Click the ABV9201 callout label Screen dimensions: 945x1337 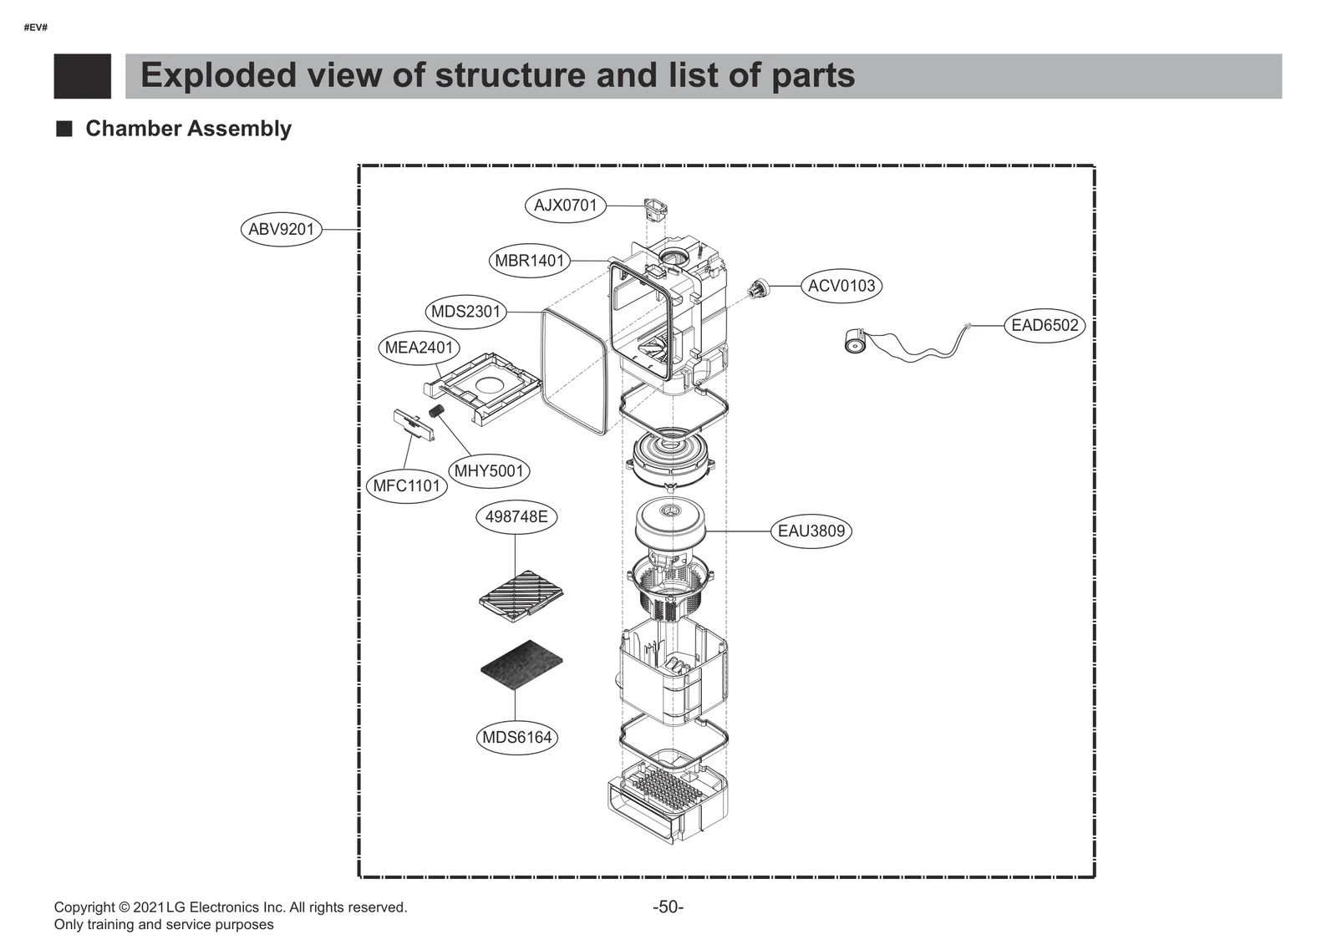tap(281, 229)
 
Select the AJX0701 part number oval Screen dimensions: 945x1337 tap(565, 205)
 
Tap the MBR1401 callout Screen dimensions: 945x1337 tap(529, 261)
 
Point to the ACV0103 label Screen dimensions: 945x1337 tap(841, 286)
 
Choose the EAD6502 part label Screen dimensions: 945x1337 tap(1044, 325)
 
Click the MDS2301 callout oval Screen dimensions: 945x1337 tap(465, 312)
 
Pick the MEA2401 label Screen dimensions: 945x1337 tap(418, 348)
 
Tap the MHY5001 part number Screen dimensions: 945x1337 tap(489, 471)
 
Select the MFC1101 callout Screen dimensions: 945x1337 tap(406, 486)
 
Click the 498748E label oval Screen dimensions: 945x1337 tap(516, 516)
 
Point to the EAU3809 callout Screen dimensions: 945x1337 tap(811, 531)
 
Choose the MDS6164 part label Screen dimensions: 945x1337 tap(517, 738)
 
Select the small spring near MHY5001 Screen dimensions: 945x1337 tap(435, 411)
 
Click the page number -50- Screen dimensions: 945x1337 tap(668, 907)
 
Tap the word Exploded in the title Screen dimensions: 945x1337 tap(218, 75)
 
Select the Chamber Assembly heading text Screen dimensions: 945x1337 tap(188, 129)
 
